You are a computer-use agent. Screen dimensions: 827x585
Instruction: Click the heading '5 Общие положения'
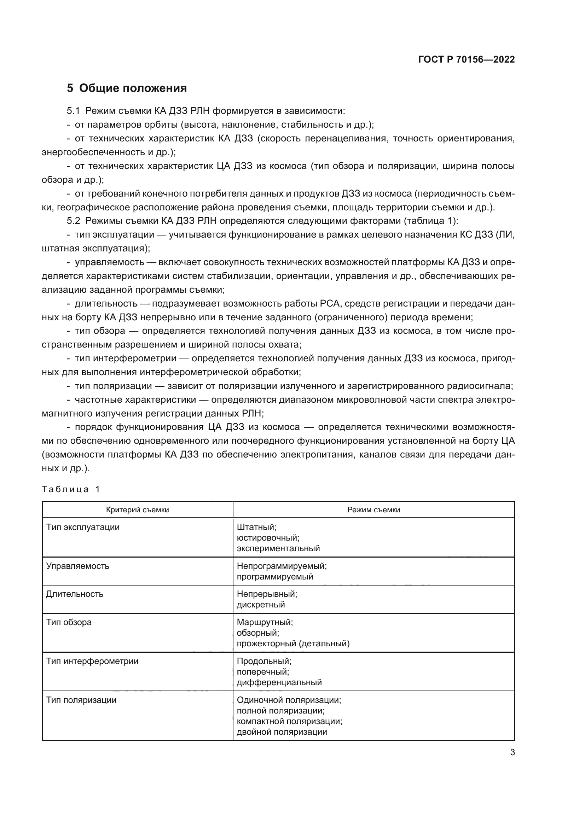127,88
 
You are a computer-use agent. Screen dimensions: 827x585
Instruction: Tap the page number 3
512,752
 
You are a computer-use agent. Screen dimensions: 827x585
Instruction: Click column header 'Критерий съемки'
137,510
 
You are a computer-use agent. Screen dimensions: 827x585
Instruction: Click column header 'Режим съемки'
373,510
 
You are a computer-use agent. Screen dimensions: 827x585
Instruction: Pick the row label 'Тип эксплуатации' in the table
82,527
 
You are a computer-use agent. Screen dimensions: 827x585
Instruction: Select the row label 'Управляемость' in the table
77,566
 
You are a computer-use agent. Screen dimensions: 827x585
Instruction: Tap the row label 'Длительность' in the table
75,594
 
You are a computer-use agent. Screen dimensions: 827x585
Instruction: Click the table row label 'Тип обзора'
69,622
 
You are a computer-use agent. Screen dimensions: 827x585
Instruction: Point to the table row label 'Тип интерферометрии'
92,661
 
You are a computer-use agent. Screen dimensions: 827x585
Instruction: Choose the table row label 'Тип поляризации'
81,700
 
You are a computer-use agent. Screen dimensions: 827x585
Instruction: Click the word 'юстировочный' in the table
268,538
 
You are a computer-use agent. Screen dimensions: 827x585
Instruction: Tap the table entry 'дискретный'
260,604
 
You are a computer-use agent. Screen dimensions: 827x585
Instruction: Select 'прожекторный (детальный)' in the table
293,643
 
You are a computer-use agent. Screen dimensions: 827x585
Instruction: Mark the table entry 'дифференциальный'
279,682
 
